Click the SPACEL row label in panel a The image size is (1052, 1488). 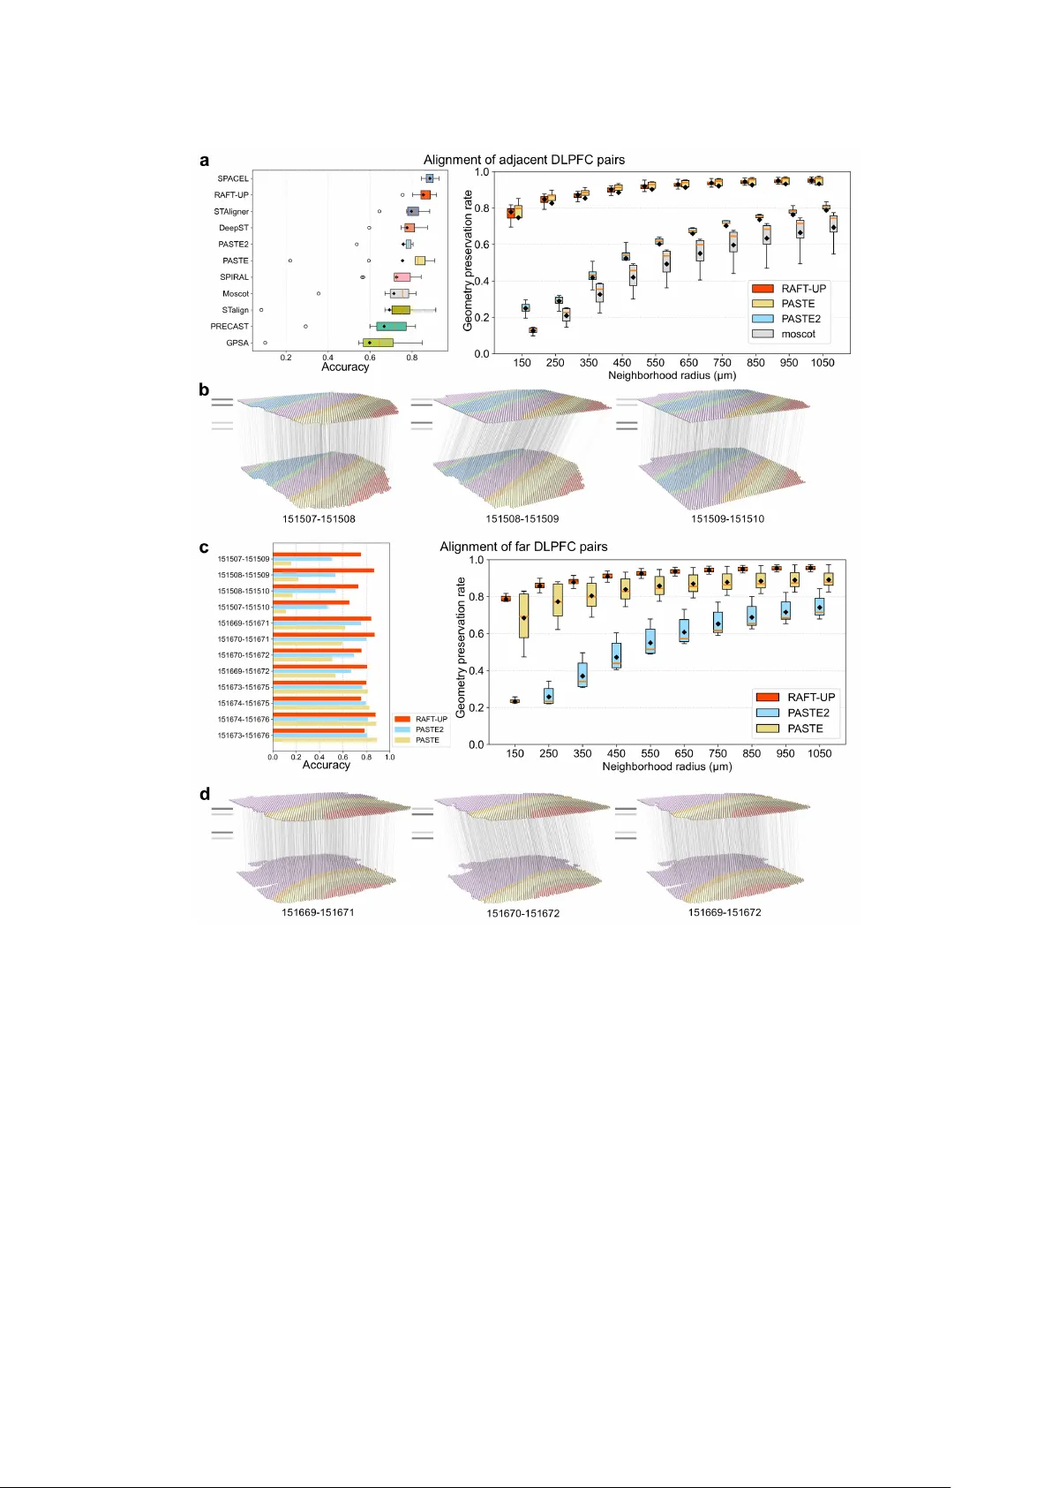pos(233,178)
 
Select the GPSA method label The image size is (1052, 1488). pos(237,343)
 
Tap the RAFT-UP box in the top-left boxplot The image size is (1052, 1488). pos(425,194)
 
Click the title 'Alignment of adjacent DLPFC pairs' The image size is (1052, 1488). pos(523,160)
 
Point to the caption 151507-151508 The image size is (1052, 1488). pos(319,518)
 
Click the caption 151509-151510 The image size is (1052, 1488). pos(727,518)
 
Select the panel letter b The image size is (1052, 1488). pos(204,389)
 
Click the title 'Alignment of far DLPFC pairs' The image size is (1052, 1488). pos(523,547)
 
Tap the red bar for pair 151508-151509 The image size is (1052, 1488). pos(323,570)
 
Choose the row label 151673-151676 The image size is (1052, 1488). pos(244,735)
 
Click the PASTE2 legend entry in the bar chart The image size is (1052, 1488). pos(429,729)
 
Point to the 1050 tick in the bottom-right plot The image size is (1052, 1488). pos(819,753)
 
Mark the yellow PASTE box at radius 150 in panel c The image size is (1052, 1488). pos(523,616)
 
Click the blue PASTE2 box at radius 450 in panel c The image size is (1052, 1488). pos(616,655)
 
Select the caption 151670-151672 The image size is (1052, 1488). pos(522,913)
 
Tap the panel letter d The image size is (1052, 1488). pos(205,794)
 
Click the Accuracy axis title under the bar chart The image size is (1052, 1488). pos(327,765)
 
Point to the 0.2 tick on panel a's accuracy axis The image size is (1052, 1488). pos(286,358)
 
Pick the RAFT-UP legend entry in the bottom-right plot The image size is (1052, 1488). pos(810,697)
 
